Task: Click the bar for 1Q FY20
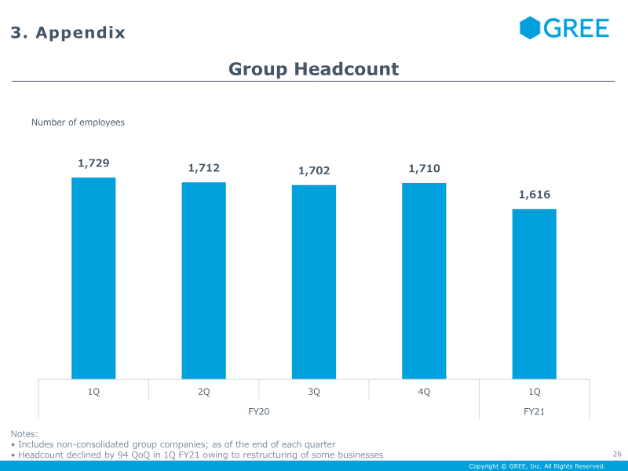(x=93, y=279)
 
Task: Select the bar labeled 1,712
(x=204, y=281)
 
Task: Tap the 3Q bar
(x=314, y=283)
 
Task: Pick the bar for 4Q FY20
(x=424, y=281)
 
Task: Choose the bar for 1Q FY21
(x=535, y=294)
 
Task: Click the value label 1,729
(x=93, y=163)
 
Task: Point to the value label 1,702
(x=314, y=170)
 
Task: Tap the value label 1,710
(x=424, y=168)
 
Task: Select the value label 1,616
(x=535, y=195)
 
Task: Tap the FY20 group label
(x=259, y=411)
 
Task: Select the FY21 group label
(x=535, y=411)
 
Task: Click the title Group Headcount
(x=314, y=69)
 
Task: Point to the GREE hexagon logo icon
(x=531, y=28)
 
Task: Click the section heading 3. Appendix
(x=68, y=33)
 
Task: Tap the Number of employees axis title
(x=78, y=122)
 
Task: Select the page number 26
(x=616, y=453)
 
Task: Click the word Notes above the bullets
(x=24, y=434)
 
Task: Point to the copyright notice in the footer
(x=537, y=466)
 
